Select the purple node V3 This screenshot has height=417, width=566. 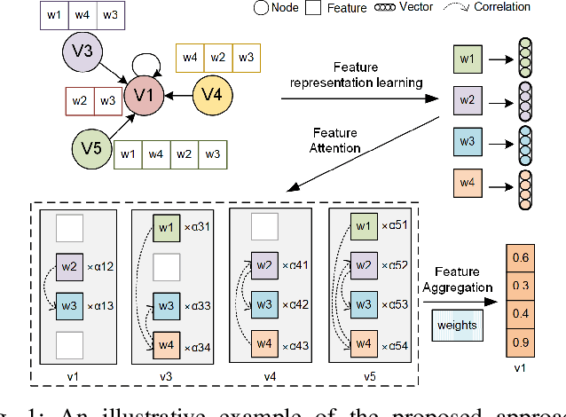coord(82,51)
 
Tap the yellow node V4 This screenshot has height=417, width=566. coord(212,92)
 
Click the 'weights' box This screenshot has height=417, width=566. coord(456,325)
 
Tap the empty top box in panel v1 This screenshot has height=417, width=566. coord(70,228)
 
